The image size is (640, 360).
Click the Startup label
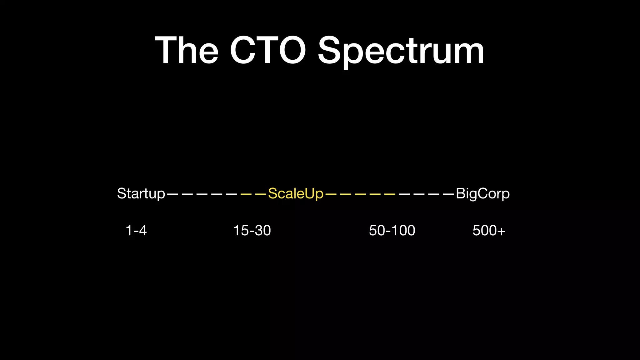point(141,194)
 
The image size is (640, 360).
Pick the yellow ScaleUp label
point(296,194)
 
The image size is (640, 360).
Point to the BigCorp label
point(483,194)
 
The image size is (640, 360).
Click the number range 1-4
point(136,231)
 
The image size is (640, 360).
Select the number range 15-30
point(252,231)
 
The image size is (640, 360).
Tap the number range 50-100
point(392,231)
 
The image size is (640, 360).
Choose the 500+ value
point(489,231)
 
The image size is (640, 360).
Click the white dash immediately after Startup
point(172,194)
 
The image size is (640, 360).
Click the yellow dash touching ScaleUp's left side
point(261,194)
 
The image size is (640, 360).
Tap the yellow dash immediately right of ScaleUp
point(331,194)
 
